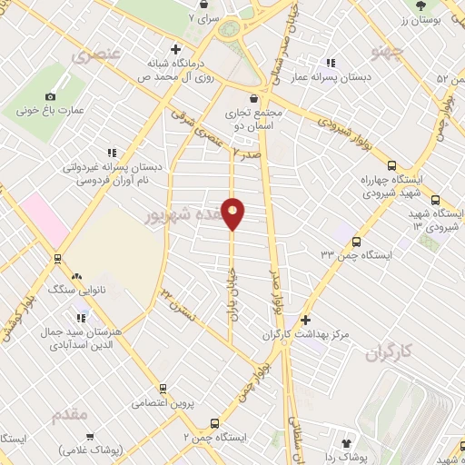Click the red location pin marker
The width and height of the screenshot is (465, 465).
point(233,213)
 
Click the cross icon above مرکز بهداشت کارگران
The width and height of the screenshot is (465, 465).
point(305,320)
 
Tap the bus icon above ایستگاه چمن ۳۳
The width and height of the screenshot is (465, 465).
point(355,242)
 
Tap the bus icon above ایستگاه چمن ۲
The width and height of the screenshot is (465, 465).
point(215,423)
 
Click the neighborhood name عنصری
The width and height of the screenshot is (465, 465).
point(95,55)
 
